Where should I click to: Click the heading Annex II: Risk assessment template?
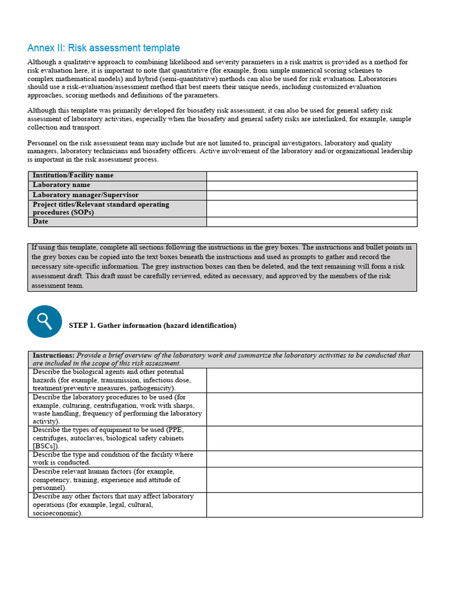[103, 48]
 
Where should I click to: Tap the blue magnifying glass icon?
[44, 322]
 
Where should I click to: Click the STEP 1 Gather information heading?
[153, 325]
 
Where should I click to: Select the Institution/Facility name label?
[73, 176]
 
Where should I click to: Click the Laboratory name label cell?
[61, 185]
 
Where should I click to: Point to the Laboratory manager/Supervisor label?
[86, 195]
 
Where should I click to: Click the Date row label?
[41, 221]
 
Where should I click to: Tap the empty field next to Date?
[312, 222]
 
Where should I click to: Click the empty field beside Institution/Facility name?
[312, 176]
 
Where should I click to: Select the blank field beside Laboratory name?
[312, 185]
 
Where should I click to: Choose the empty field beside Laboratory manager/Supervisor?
[312, 195]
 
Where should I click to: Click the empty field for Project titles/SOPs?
[312, 208]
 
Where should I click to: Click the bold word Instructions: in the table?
[53, 356]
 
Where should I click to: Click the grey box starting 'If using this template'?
[222, 267]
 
